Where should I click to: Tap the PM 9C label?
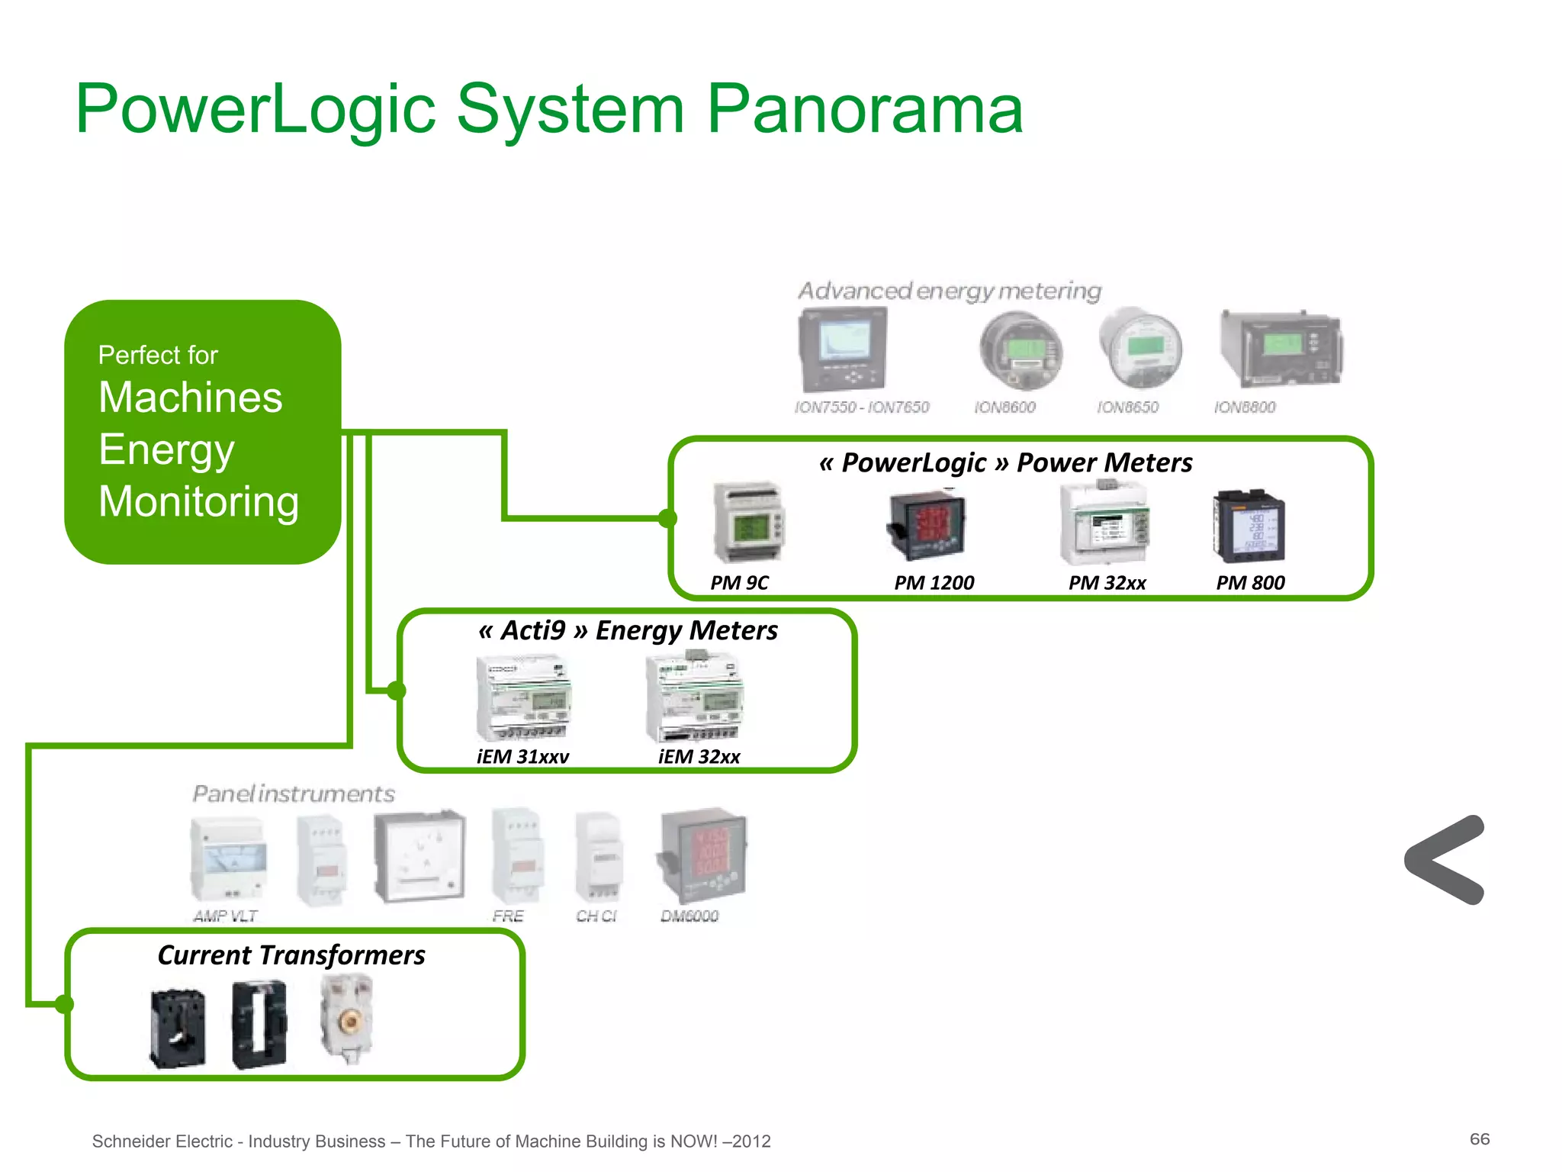[x=739, y=583]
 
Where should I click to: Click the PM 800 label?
[x=1250, y=583]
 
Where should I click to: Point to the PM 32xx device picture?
[x=1104, y=523]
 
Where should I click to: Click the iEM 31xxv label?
[x=522, y=757]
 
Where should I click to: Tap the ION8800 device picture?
[x=1281, y=348]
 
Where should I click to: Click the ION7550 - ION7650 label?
[x=862, y=407]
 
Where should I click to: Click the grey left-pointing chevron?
[x=1444, y=860]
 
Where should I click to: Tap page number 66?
[x=1479, y=1139]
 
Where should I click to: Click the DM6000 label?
[x=689, y=916]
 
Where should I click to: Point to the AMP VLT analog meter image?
[x=228, y=858]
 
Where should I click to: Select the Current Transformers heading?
[x=291, y=955]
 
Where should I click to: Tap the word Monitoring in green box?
[x=198, y=502]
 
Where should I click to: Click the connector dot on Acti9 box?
[x=396, y=691]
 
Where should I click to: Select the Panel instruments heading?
[x=294, y=794]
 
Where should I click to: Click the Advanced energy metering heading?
[x=950, y=291]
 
